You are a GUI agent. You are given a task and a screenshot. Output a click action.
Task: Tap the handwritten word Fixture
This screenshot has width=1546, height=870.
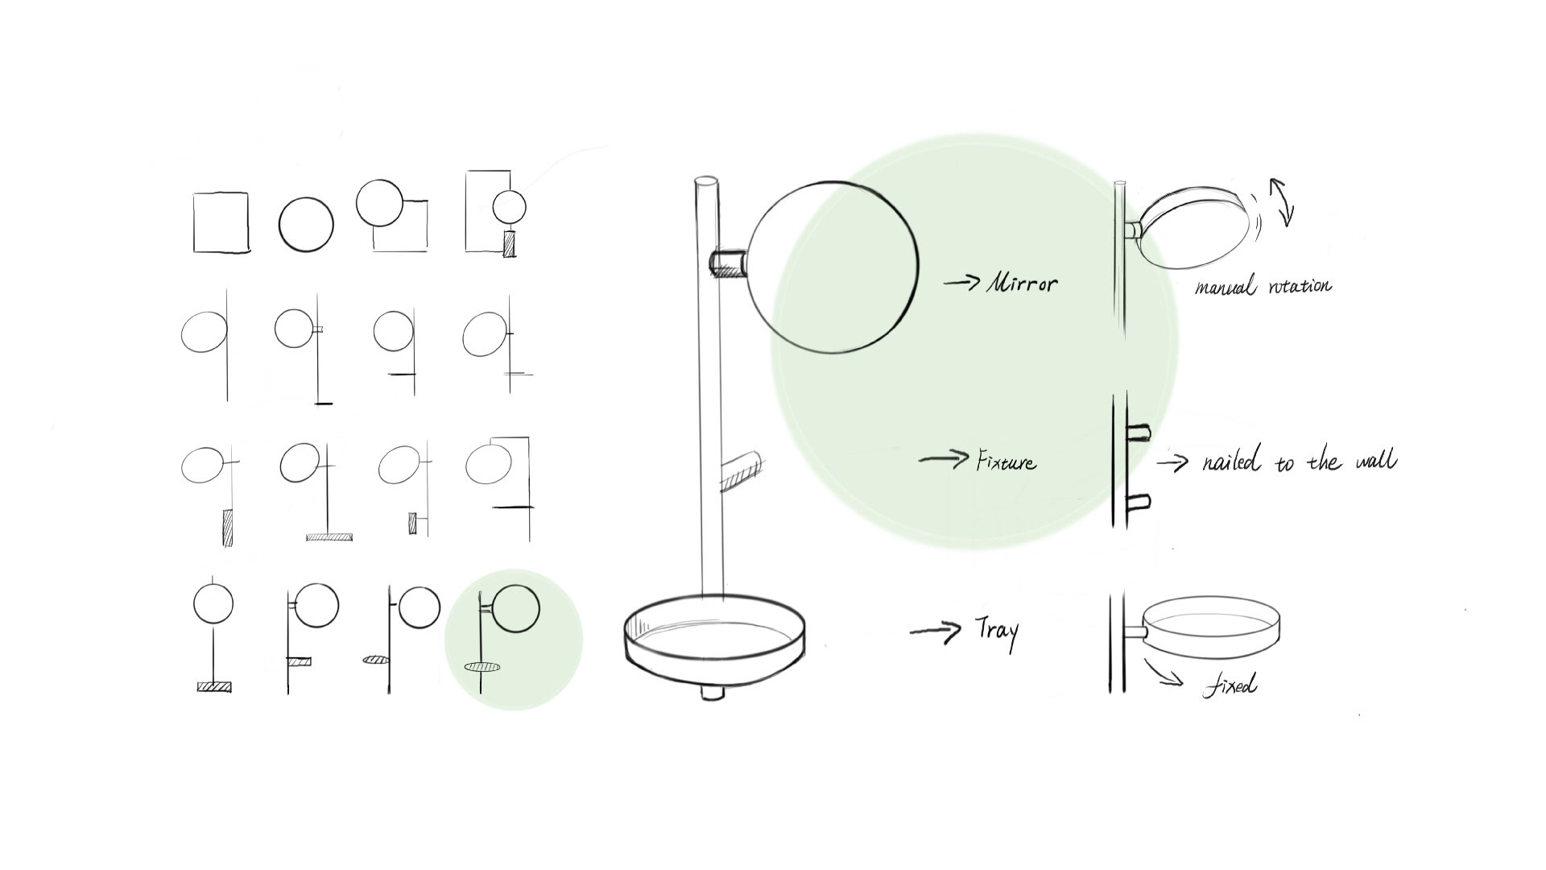(1006, 462)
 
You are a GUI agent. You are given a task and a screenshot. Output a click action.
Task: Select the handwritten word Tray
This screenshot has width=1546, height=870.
(997, 632)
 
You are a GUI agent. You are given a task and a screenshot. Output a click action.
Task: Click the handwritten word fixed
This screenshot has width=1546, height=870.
(1230, 686)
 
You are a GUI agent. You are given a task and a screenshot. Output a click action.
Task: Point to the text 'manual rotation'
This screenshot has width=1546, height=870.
(1263, 286)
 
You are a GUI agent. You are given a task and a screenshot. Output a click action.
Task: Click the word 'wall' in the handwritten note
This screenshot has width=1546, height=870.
(1376, 460)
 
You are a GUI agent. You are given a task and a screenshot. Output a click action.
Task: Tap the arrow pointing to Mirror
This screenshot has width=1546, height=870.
(961, 282)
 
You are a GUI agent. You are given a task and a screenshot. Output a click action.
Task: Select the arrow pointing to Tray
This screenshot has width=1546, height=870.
(935, 631)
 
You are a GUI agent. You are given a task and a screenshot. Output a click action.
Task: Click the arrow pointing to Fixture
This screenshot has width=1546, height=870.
(944, 460)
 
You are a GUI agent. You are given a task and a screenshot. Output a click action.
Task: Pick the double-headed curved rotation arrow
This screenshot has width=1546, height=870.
(1282, 201)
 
